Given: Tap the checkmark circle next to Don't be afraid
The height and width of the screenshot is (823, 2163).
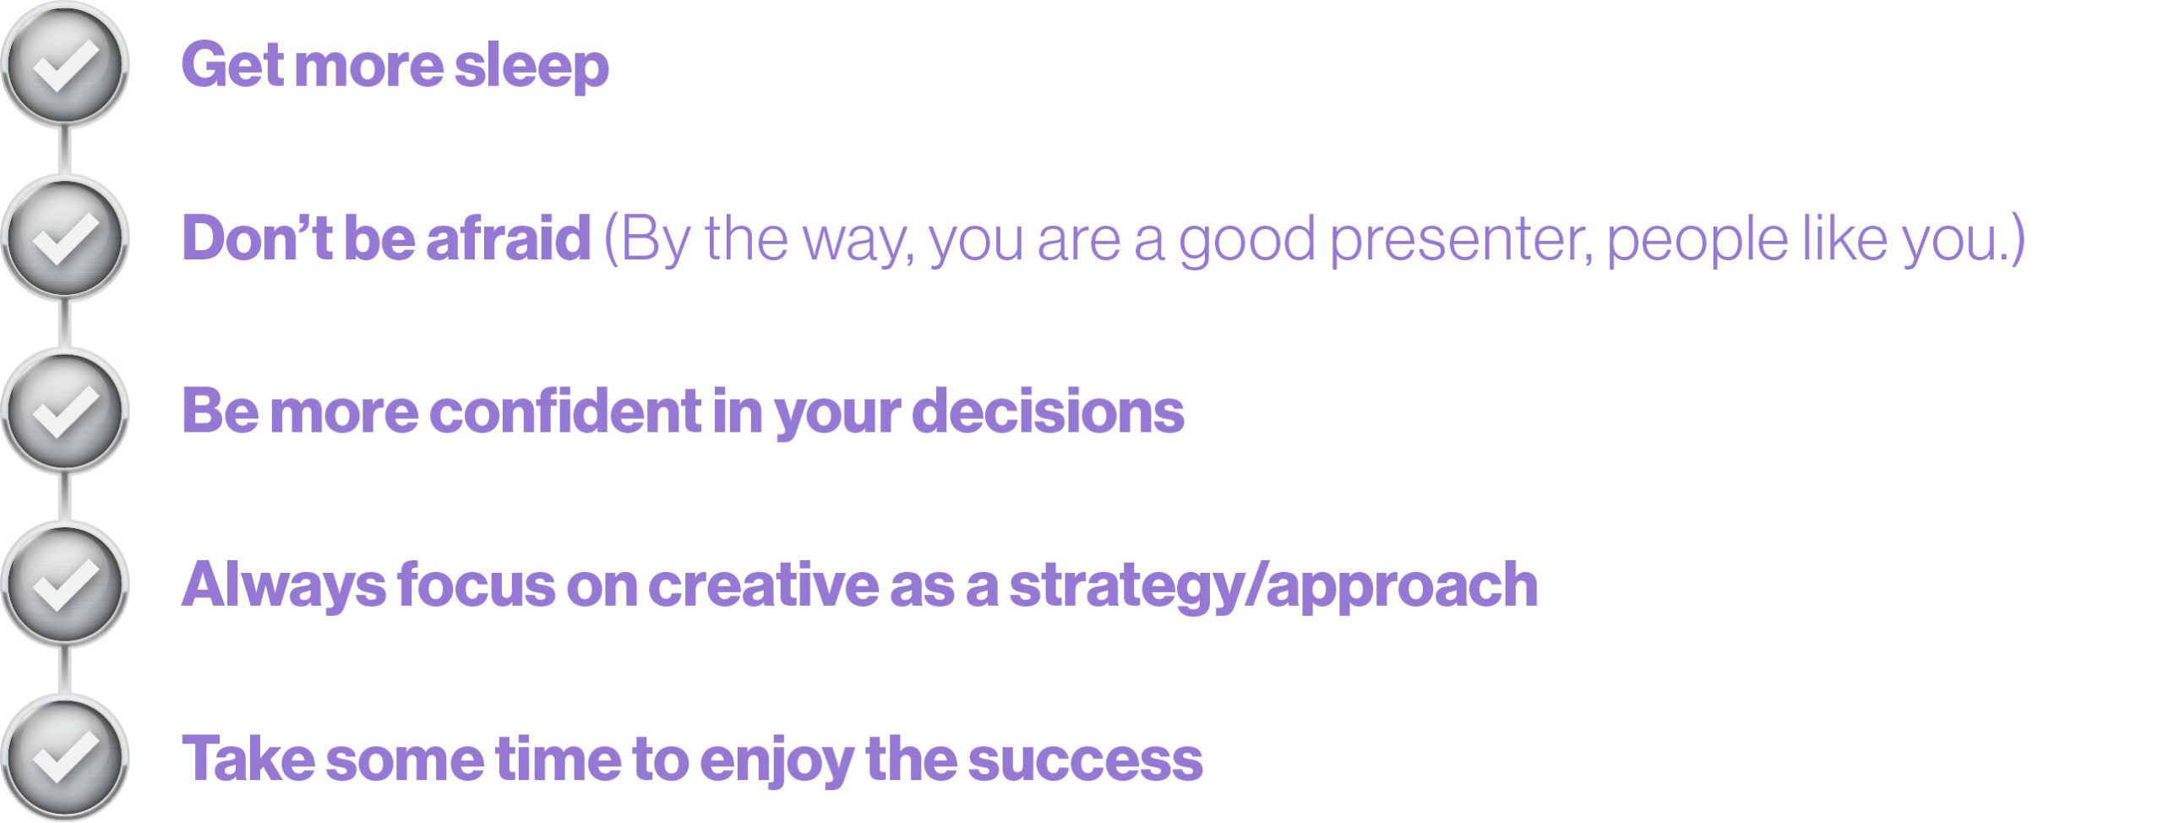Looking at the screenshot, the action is (x=64, y=238).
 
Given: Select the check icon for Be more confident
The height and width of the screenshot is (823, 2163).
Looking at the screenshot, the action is (x=64, y=411).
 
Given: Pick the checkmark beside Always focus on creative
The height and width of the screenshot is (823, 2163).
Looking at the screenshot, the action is (x=64, y=585).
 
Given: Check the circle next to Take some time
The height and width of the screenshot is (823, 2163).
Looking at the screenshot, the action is (x=64, y=758).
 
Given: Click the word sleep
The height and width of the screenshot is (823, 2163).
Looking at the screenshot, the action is (x=531, y=68).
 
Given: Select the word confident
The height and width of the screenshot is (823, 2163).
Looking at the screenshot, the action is (x=565, y=411).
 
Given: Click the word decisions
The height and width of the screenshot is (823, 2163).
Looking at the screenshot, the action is (x=1049, y=411).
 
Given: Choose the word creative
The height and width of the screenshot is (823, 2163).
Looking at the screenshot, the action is (x=763, y=585).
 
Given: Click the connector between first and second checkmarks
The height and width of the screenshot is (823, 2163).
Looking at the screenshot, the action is (x=64, y=153).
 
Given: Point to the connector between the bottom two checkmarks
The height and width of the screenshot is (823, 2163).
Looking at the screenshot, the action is (x=64, y=672).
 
